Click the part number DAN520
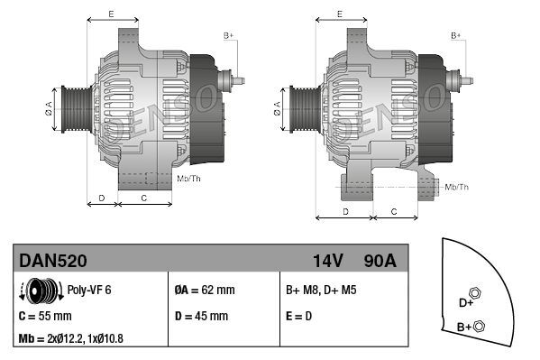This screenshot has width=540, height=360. (53, 260)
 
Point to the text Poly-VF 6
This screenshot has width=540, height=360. (90, 291)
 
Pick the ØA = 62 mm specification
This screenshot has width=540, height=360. (205, 291)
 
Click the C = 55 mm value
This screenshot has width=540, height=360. (45, 316)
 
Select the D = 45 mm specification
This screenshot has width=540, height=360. (201, 316)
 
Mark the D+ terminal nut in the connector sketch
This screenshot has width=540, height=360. (476, 295)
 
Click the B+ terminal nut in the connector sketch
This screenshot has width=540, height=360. (480, 326)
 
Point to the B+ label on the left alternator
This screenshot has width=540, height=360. (228, 34)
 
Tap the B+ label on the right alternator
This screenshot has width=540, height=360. (455, 34)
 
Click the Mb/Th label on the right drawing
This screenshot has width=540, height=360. (457, 187)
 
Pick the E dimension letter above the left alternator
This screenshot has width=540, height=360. (110, 14)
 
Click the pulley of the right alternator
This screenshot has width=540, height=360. (300, 109)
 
